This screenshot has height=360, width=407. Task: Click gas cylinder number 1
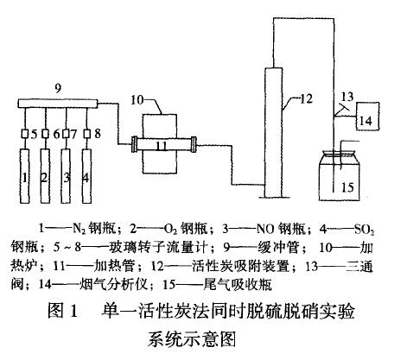tap(25, 176)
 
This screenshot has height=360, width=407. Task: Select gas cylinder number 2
tap(45, 176)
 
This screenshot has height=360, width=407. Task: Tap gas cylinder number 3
tap(66, 176)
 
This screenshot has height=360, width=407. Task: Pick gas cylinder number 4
tap(86, 176)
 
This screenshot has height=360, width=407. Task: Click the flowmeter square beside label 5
tap(25, 134)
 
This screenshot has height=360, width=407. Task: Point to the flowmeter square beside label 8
tap(86, 134)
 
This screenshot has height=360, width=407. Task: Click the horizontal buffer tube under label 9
tap(58, 104)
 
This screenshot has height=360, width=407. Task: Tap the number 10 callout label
tap(137, 99)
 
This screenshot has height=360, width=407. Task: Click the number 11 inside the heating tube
tap(162, 146)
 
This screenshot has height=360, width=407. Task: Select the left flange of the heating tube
tap(134, 144)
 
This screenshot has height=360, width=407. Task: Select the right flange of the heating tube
tap(194, 144)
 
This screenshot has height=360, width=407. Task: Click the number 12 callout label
tap(306, 98)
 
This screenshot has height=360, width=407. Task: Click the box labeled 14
tap(368, 117)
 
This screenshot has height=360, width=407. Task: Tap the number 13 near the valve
tap(347, 96)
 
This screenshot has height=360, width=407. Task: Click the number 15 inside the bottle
tap(347, 187)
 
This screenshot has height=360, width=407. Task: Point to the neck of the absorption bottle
tap(339, 155)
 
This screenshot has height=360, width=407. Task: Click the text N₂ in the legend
tap(78, 229)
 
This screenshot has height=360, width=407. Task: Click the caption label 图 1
tap(63, 311)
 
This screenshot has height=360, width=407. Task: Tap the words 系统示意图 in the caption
tap(192, 339)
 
